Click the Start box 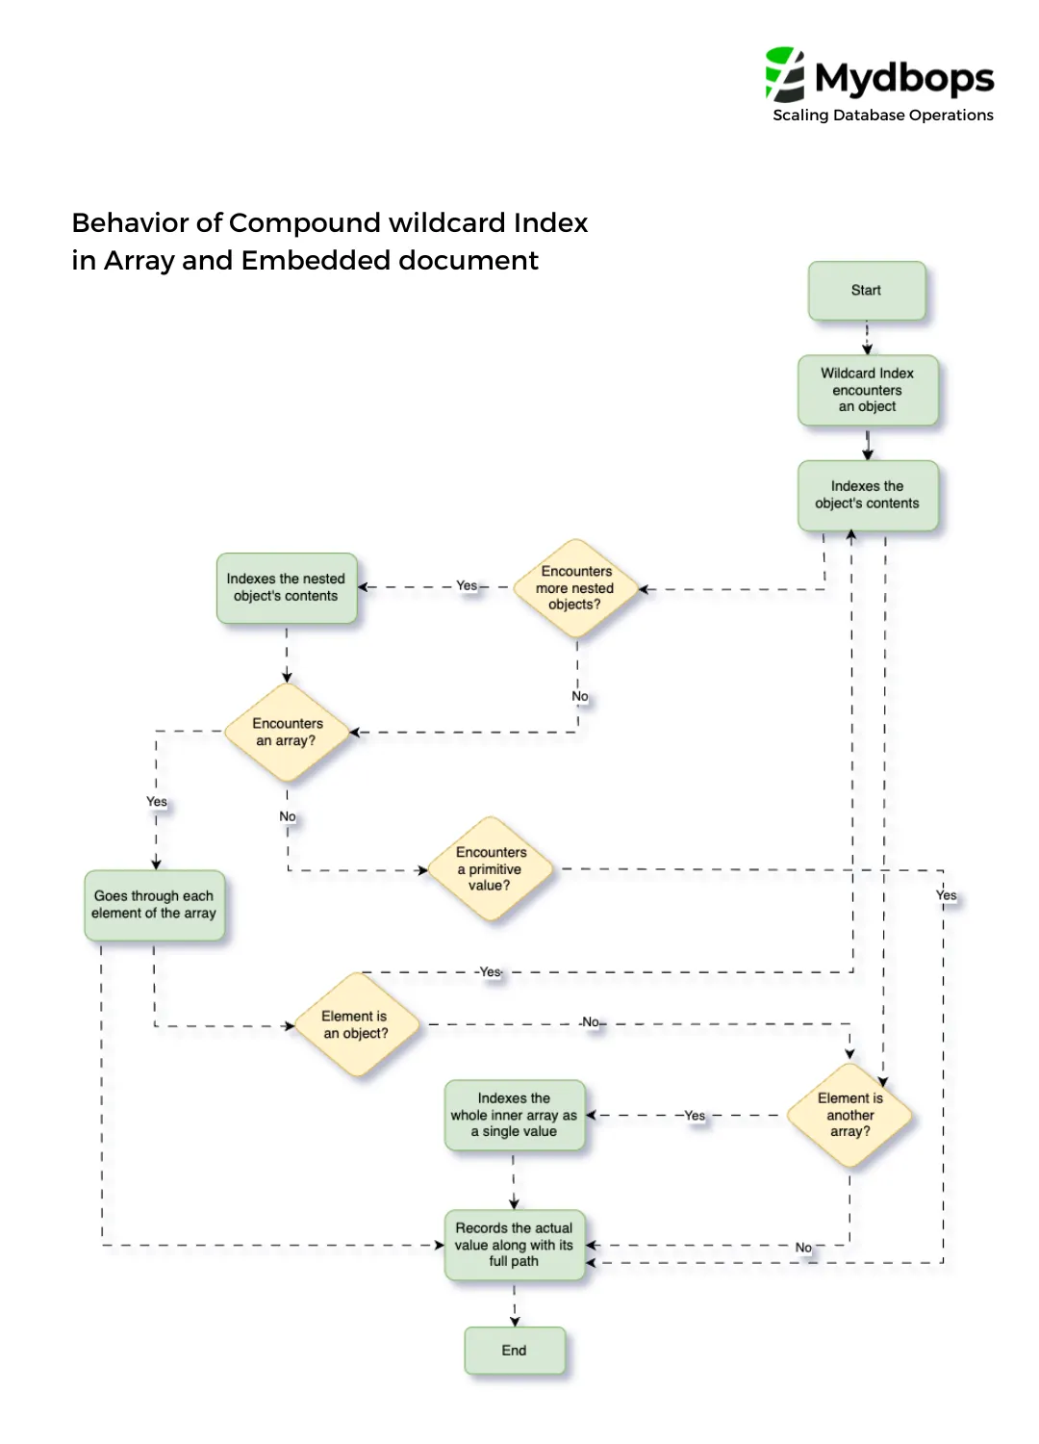866,291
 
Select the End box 514,1351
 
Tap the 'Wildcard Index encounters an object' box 867,390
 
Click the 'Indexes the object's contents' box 867,495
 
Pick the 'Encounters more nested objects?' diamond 575,588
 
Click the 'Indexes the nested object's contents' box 286,587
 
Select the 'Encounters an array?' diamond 286,733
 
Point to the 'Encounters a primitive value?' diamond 491,869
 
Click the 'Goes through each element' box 154,905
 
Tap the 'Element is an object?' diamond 355,1025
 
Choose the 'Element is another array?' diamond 849,1115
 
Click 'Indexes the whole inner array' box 514,1115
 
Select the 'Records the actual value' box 514,1245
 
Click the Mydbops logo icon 784,74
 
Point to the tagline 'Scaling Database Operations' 882,116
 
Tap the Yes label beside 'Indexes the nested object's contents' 467,585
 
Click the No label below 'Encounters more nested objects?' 579,696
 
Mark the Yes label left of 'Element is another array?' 695,1115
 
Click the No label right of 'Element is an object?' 591,1022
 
